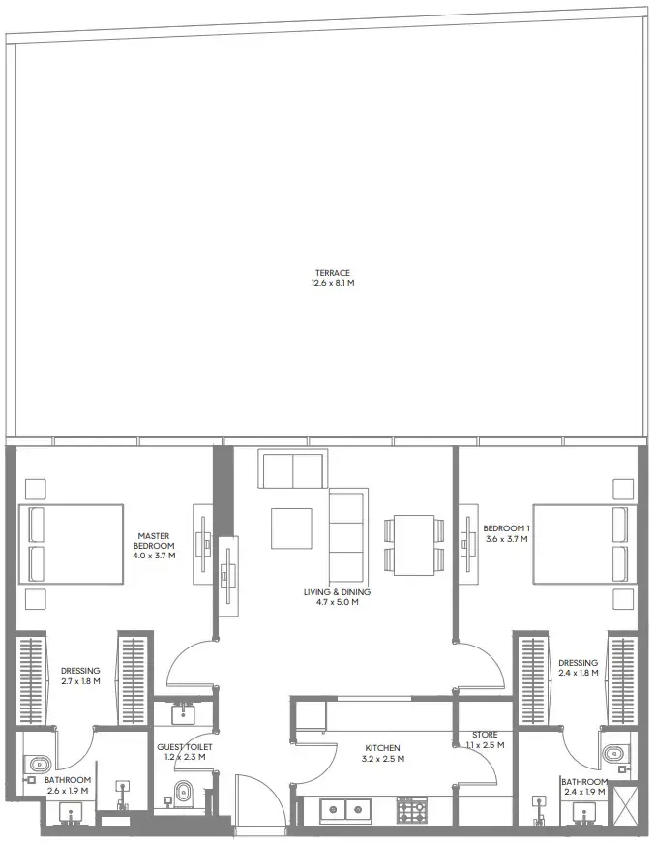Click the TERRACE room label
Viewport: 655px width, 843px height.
pos(331,273)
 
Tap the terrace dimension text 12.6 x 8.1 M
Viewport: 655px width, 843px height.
pos(331,284)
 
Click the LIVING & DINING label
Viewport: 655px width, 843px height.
pos(337,592)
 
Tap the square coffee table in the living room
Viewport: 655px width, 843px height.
pos(291,528)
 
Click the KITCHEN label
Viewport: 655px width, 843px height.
pos(383,748)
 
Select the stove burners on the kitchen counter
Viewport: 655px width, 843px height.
pos(410,809)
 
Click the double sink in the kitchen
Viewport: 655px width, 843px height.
pos(344,809)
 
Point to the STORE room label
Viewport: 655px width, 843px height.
pos(485,736)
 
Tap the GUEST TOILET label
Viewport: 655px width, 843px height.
pos(185,747)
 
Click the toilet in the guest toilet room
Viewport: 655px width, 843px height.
pos(186,795)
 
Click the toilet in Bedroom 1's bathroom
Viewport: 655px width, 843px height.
pos(612,753)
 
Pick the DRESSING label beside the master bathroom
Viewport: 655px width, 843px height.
pos(80,670)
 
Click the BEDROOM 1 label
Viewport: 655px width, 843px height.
pos(504,528)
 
